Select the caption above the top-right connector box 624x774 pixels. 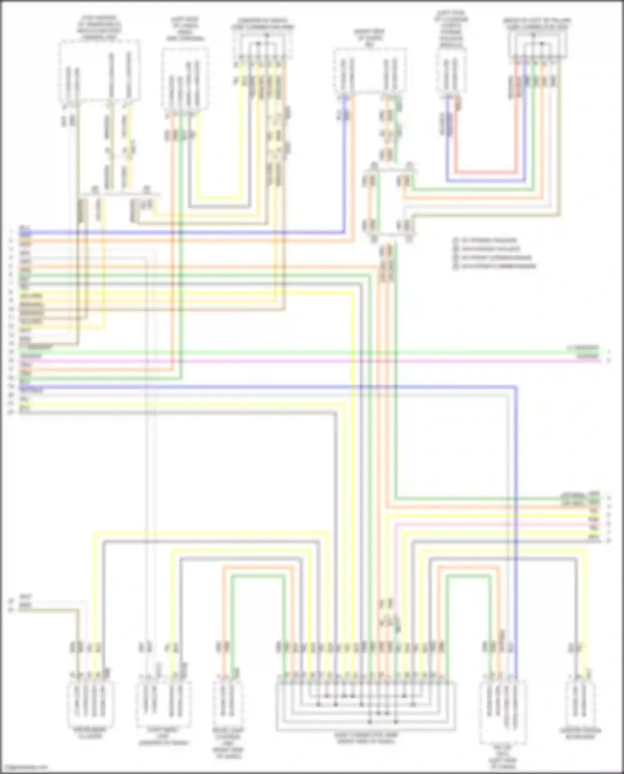coord(537,23)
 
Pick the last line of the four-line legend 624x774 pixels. coord(495,266)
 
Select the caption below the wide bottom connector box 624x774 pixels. coord(365,738)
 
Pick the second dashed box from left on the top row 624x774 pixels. coord(185,79)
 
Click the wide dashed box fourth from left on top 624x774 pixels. coord(369,71)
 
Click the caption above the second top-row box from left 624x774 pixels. coord(185,29)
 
